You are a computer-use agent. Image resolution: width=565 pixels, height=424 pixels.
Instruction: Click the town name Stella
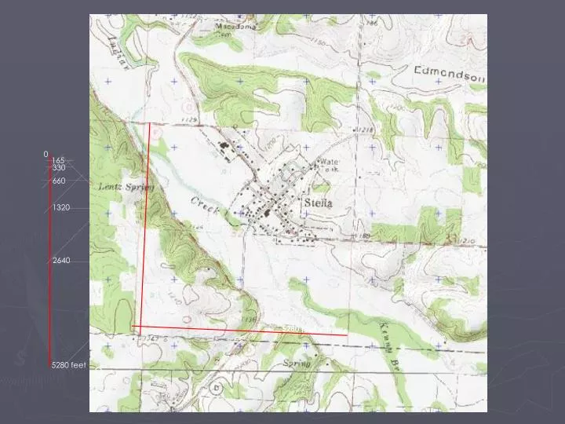click(317, 203)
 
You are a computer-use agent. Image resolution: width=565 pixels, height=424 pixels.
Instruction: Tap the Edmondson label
click(450, 73)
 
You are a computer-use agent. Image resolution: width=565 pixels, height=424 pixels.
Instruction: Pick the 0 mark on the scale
click(46, 155)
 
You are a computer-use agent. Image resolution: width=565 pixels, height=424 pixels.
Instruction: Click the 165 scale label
click(59, 161)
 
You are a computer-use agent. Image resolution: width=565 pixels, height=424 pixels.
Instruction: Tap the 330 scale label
click(59, 168)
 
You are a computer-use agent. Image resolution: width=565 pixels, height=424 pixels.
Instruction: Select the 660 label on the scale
click(59, 181)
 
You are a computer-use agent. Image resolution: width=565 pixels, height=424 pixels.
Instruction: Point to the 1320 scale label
click(61, 207)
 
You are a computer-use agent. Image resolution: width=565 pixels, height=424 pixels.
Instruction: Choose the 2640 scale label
click(61, 260)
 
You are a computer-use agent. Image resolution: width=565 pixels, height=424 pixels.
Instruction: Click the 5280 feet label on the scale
click(69, 366)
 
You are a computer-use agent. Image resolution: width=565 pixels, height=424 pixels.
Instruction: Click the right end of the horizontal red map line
click(348, 335)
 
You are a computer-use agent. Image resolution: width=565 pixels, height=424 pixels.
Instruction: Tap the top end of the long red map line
click(150, 123)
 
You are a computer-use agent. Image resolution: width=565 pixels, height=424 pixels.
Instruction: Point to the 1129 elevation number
click(188, 119)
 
